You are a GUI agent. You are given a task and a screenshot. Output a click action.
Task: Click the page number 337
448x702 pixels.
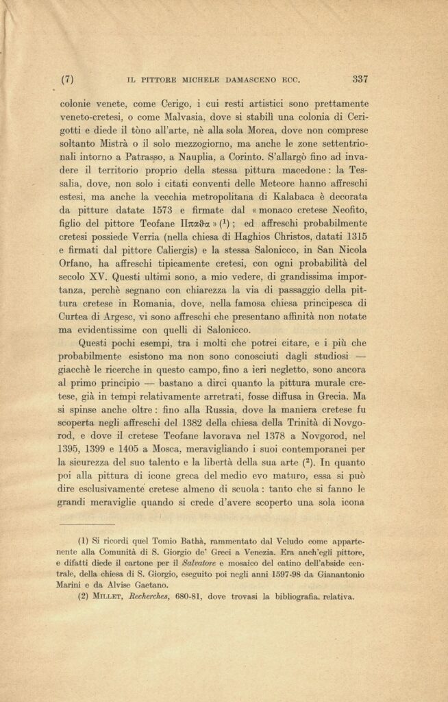click(x=360, y=78)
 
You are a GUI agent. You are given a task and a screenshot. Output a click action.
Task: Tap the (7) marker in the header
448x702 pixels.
click(x=67, y=79)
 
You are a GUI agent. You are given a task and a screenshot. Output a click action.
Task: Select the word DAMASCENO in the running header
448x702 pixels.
click(x=240, y=79)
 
